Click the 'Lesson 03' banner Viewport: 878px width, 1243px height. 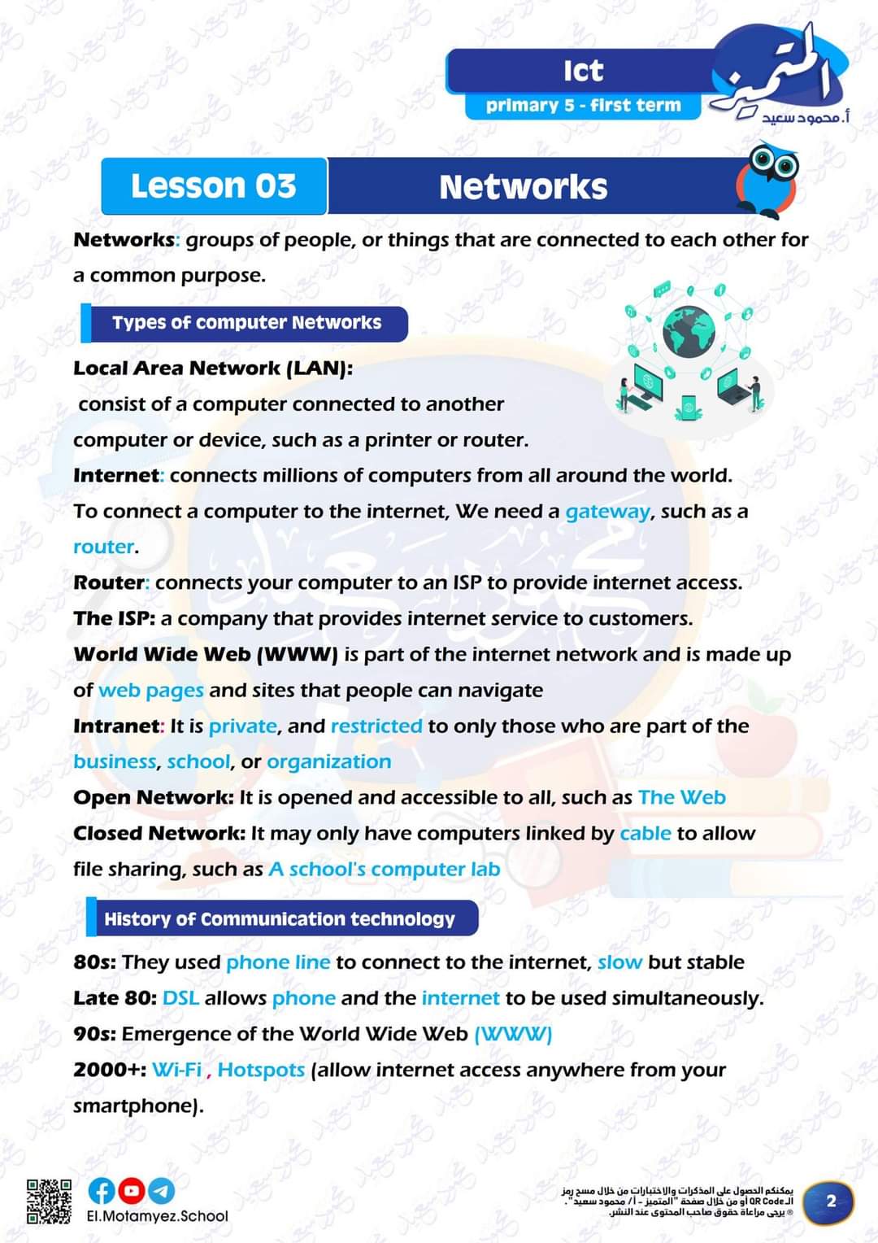click(x=214, y=186)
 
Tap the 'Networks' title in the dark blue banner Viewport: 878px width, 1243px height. click(x=523, y=187)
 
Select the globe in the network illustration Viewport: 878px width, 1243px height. click(x=689, y=331)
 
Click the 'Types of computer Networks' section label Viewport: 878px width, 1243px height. click(x=246, y=323)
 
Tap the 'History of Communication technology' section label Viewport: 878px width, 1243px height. click(x=279, y=919)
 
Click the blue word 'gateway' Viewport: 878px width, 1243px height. click(x=607, y=512)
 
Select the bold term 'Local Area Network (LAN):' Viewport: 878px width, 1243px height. click(x=213, y=369)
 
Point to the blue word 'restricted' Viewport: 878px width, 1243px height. click(x=376, y=726)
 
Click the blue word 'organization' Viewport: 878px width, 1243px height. click(x=328, y=761)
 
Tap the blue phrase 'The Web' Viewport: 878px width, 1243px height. click(x=681, y=797)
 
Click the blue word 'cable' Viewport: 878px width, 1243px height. click(x=645, y=833)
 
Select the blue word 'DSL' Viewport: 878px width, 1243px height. click(x=180, y=998)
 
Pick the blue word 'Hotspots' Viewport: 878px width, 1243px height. click(x=261, y=1070)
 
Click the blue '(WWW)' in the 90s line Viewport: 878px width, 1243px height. click(x=513, y=1034)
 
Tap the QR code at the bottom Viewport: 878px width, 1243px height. click(x=49, y=1201)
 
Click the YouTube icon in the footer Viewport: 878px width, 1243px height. click(x=131, y=1191)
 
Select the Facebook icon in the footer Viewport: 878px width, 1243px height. click(x=102, y=1191)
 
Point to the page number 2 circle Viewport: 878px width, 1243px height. click(x=830, y=1202)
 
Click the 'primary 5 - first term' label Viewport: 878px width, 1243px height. click(x=583, y=106)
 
